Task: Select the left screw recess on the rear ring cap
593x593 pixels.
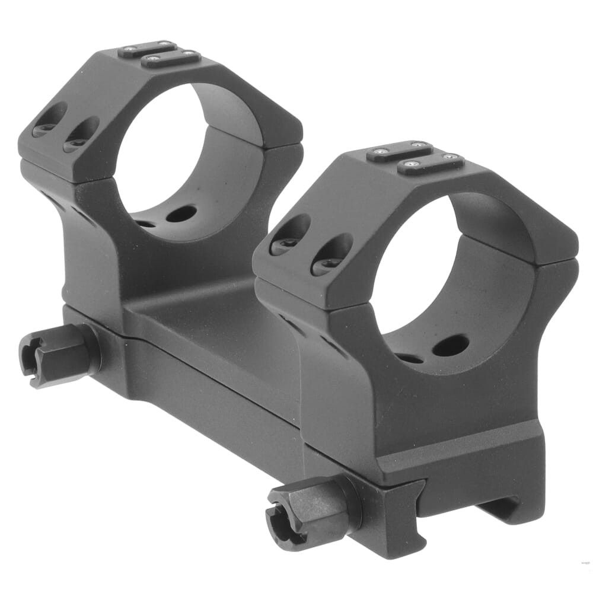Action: pyautogui.click(x=50, y=119)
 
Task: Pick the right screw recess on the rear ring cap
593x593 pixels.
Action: pyautogui.click(x=82, y=135)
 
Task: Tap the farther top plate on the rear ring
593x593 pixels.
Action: pyautogui.click(x=147, y=48)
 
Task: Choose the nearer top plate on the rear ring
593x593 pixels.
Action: pyautogui.click(x=171, y=59)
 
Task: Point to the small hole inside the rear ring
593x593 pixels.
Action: pyautogui.click(x=145, y=224)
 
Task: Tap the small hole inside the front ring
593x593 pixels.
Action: pyautogui.click(x=409, y=358)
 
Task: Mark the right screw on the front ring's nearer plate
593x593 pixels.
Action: pyautogui.click(x=454, y=157)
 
